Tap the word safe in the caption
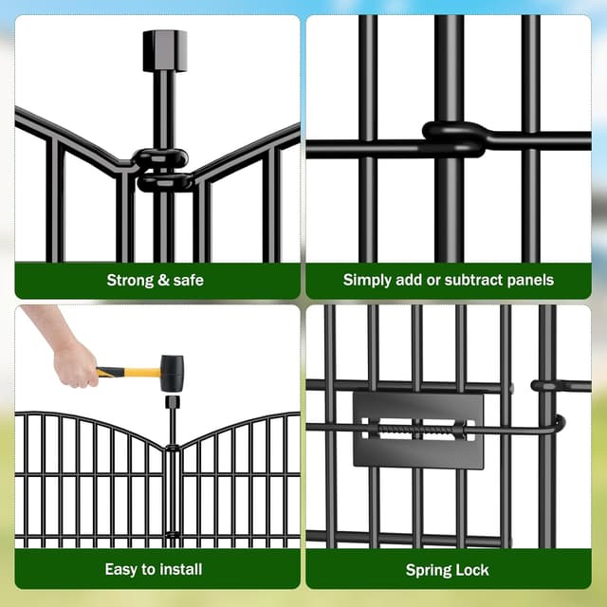point(187,280)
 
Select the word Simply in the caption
point(366,280)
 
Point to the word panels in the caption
point(531,280)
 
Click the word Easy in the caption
point(121,569)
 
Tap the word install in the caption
point(179,569)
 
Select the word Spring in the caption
point(429,569)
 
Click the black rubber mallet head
point(172,373)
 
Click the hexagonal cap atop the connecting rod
point(164,49)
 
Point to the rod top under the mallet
point(172,402)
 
